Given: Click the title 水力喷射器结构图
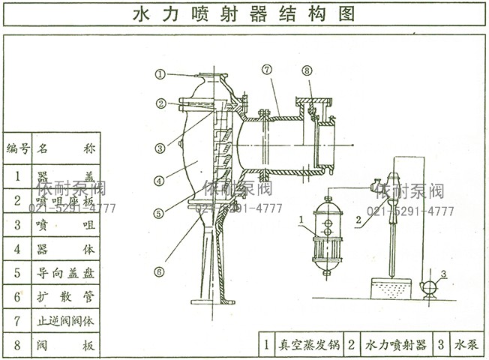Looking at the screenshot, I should (x=244, y=14).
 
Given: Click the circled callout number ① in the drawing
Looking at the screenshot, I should (x=160, y=74).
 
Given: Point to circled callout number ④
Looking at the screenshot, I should (x=159, y=181).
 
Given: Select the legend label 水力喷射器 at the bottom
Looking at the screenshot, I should (x=396, y=345).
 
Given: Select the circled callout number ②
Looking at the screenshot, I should (x=160, y=104).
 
